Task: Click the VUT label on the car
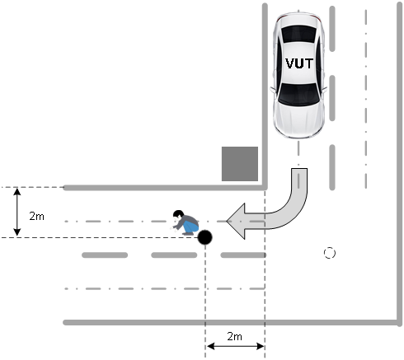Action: pos(299,63)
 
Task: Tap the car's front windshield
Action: pos(298,95)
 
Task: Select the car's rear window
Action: pos(298,34)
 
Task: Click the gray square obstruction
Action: pos(240,164)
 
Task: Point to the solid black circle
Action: pos(205,237)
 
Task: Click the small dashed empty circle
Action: pos(330,253)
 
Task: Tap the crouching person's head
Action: pos(178,214)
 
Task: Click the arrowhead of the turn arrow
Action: pos(236,221)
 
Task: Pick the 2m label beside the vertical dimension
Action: pos(36,216)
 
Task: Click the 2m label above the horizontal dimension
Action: pos(234,336)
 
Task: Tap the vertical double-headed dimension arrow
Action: pos(17,212)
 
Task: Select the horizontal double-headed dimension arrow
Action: pos(235,346)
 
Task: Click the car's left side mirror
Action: pos(325,90)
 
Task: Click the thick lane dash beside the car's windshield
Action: pos(332,98)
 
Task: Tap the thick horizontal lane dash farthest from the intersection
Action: pos(105,255)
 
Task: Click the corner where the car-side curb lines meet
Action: pos(265,188)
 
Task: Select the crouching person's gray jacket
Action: pos(187,221)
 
